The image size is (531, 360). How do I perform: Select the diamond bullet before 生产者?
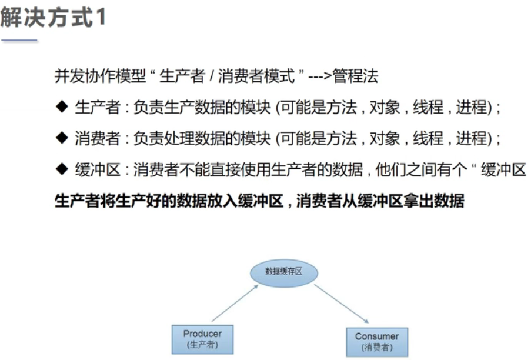(x=62, y=106)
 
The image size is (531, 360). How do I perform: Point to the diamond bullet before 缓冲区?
(x=62, y=169)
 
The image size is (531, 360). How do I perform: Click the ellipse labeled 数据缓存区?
(x=283, y=271)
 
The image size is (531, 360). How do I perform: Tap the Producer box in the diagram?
(x=202, y=339)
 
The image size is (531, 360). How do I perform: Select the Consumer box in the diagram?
(x=376, y=342)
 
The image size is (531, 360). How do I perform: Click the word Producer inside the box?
(x=202, y=334)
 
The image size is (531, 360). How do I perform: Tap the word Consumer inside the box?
(x=376, y=336)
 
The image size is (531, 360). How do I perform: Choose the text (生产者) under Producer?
(x=202, y=345)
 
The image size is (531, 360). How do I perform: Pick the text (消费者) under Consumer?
(x=376, y=348)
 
